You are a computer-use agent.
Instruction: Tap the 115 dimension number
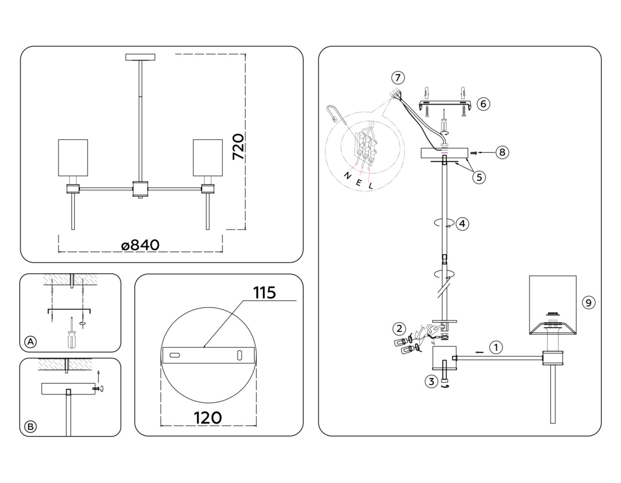point(264,292)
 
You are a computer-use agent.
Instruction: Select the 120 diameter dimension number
point(208,417)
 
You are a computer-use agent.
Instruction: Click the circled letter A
point(31,342)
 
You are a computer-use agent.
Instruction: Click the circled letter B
point(31,427)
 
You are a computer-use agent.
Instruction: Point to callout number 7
point(397,78)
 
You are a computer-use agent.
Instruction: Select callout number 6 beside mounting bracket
point(482,104)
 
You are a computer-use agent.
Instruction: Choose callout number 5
point(479,177)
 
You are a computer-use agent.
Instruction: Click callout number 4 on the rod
point(462,224)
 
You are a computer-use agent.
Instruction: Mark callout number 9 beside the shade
point(588,302)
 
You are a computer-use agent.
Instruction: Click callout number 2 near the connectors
point(398,328)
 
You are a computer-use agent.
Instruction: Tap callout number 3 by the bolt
point(431,382)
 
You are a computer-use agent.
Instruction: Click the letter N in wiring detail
point(347,175)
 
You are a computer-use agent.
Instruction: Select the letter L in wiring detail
point(371,185)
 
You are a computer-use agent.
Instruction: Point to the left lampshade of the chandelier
point(73,157)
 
